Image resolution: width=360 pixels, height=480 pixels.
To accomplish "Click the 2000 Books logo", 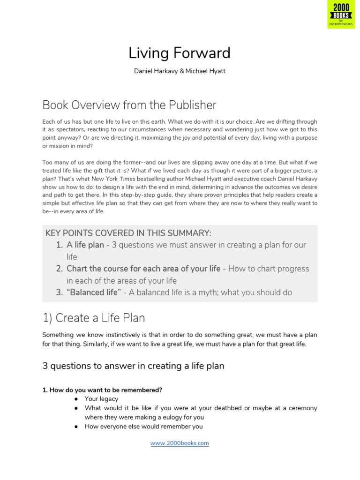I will click(341, 15).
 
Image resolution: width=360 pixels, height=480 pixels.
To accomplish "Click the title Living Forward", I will click(180, 53).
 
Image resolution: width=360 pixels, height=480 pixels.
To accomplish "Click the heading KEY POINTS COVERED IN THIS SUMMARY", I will click(128, 233).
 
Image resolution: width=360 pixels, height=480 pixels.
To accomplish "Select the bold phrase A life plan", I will click(85, 245).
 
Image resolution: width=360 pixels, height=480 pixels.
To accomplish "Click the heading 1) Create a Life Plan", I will click(94, 318).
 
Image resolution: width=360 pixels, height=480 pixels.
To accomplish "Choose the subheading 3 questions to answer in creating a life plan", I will click(133, 366).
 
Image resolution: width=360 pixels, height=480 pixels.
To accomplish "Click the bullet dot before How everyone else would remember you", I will click(75, 427).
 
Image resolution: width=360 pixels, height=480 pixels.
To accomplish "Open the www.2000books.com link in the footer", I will click(180, 443).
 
